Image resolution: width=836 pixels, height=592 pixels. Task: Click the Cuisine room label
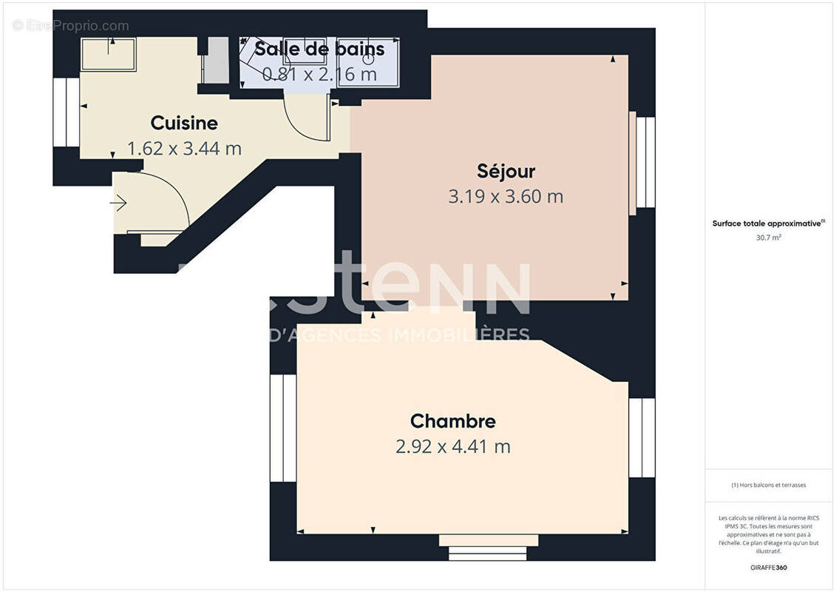(184, 123)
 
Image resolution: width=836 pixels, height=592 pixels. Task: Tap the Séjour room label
(506, 172)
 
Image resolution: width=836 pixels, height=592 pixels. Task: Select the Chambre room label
(453, 421)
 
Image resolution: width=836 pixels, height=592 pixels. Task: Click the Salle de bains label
(319, 50)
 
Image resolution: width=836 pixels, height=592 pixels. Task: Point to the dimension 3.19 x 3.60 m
(506, 197)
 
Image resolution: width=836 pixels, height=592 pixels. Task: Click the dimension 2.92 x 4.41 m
(453, 447)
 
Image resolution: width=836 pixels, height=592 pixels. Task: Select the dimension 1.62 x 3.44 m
(184, 149)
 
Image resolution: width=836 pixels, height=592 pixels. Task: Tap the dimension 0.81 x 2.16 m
(319, 75)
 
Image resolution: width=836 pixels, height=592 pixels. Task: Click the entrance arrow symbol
(118, 202)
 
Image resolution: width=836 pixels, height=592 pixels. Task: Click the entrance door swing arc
(170, 192)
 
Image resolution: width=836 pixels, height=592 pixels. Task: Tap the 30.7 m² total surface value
(769, 238)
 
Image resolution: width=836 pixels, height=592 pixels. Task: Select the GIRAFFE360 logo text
(769, 568)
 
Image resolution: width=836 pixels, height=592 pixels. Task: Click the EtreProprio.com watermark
(71, 26)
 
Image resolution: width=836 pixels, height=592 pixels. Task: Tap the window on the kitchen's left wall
(67, 112)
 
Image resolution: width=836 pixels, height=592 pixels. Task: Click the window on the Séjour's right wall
(645, 162)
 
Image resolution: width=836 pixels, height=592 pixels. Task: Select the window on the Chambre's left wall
(282, 428)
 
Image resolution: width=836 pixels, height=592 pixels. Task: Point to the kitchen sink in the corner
(109, 54)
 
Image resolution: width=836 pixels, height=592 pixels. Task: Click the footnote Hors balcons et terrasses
(769, 485)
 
